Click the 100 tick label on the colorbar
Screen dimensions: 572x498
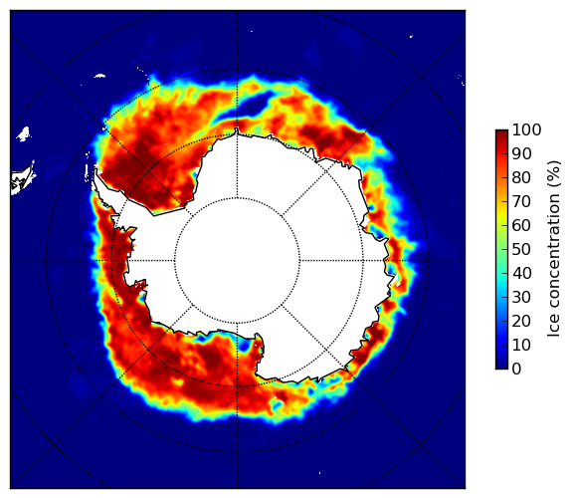(x=526, y=129)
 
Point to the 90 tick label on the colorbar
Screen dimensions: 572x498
(x=521, y=153)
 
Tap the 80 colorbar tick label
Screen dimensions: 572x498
(x=521, y=177)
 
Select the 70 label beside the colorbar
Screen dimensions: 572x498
(x=521, y=201)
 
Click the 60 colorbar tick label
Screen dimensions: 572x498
(x=521, y=225)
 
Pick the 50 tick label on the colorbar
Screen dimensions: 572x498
(x=521, y=250)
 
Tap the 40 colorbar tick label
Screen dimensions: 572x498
(x=521, y=273)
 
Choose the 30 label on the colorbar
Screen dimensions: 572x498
(x=521, y=298)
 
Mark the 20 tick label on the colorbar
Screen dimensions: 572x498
(x=521, y=321)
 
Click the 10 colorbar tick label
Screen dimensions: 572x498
(x=521, y=345)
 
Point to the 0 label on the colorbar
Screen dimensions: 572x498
(x=516, y=370)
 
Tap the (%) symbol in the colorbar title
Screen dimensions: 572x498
(x=554, y=173)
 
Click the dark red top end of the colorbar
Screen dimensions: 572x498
(x=501, y=132)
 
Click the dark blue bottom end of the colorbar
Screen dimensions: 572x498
(x=501, y=367)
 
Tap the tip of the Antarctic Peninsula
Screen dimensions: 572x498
(x=95, y=170)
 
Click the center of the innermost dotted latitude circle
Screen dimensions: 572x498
(x=237, y=261)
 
